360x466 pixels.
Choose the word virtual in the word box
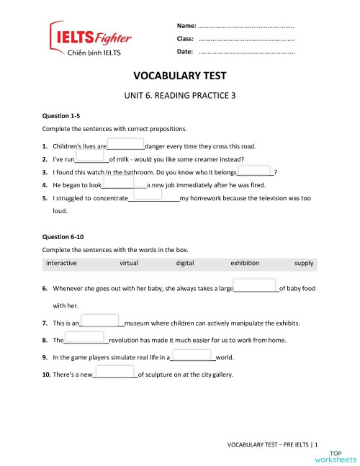click(129, 264)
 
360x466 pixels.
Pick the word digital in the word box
click(184, 264)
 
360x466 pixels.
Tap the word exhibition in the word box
click(245, 264)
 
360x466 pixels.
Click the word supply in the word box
click(304, 264)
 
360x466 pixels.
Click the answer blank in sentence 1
click(126, 144)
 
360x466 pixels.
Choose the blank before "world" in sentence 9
click(192, 356)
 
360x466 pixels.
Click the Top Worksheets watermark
click(336, 455)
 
